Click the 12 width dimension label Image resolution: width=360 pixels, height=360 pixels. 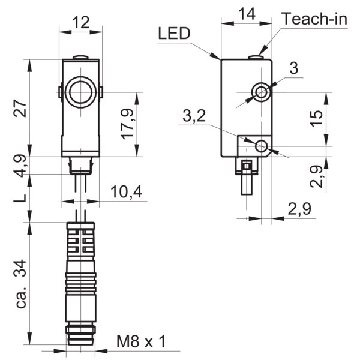point(80,22)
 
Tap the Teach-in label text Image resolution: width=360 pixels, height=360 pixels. point(315,19)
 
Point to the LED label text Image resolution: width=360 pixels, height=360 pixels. point(174,33)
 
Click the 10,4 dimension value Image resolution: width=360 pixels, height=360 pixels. point(127,192)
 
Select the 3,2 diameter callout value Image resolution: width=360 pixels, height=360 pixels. point(194,118)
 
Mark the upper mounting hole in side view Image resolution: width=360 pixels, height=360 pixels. point(261,92)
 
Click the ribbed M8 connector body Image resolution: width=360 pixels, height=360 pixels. point(80,282)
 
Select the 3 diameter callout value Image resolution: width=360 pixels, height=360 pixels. point(293,68)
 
